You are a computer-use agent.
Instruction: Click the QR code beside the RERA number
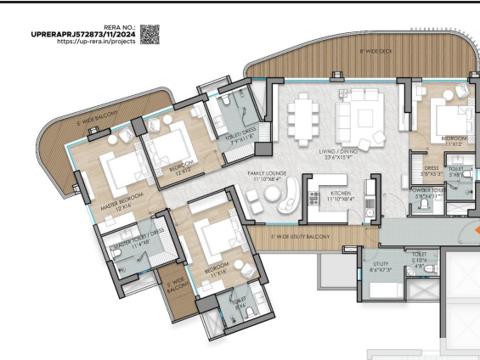[x=150, y=34]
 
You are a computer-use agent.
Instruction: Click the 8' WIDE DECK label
[x=374, y=52]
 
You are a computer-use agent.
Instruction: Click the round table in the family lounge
[x=274, y=195]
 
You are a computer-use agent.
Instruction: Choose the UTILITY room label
[x=380, y=266]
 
